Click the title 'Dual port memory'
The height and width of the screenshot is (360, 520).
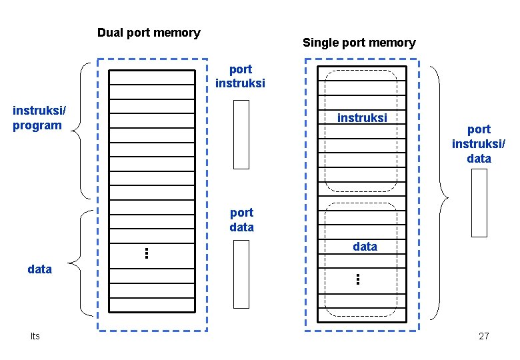(149, 33)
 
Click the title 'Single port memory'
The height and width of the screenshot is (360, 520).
(359, 43)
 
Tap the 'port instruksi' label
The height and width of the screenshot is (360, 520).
(240, 77)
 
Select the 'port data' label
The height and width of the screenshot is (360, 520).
(241, 220)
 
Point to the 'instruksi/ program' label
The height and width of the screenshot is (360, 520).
(37, 117)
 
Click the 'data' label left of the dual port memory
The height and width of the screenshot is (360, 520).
(40, 269)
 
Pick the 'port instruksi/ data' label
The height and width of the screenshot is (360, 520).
(479, 144)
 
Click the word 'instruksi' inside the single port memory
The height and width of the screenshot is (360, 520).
(362, 118)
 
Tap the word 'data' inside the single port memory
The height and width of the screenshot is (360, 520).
(365, 247)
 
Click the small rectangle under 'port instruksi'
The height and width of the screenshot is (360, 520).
(241, 135)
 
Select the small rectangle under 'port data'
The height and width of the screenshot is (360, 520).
(241, 274)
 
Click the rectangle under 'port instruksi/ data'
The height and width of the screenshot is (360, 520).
(479, 203)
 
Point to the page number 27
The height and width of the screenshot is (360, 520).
(483, 336)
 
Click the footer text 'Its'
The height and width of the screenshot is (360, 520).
(35, 336)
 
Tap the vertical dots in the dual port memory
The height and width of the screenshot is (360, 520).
(146, 253)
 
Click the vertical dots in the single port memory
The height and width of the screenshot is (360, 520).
(358, 279)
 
